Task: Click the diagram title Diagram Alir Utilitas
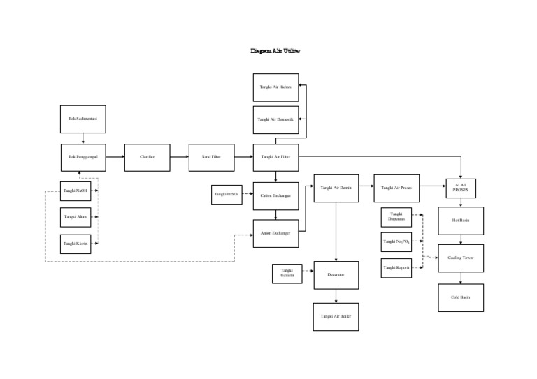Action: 275,51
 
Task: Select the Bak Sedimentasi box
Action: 83,119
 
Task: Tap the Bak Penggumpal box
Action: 83,157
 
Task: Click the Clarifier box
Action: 148,157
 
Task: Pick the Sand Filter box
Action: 211,157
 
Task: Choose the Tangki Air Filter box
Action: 275,157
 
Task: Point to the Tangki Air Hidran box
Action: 275,87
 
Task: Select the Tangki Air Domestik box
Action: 275,120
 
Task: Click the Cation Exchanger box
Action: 275,196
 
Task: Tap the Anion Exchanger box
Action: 275,234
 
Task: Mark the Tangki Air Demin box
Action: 336,188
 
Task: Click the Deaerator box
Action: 336,275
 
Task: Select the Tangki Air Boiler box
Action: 336,317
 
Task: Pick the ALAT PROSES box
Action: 461,188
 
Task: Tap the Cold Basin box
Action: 461,297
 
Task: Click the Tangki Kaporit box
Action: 396,268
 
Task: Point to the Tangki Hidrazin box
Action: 287,274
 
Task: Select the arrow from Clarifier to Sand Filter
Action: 180,157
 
